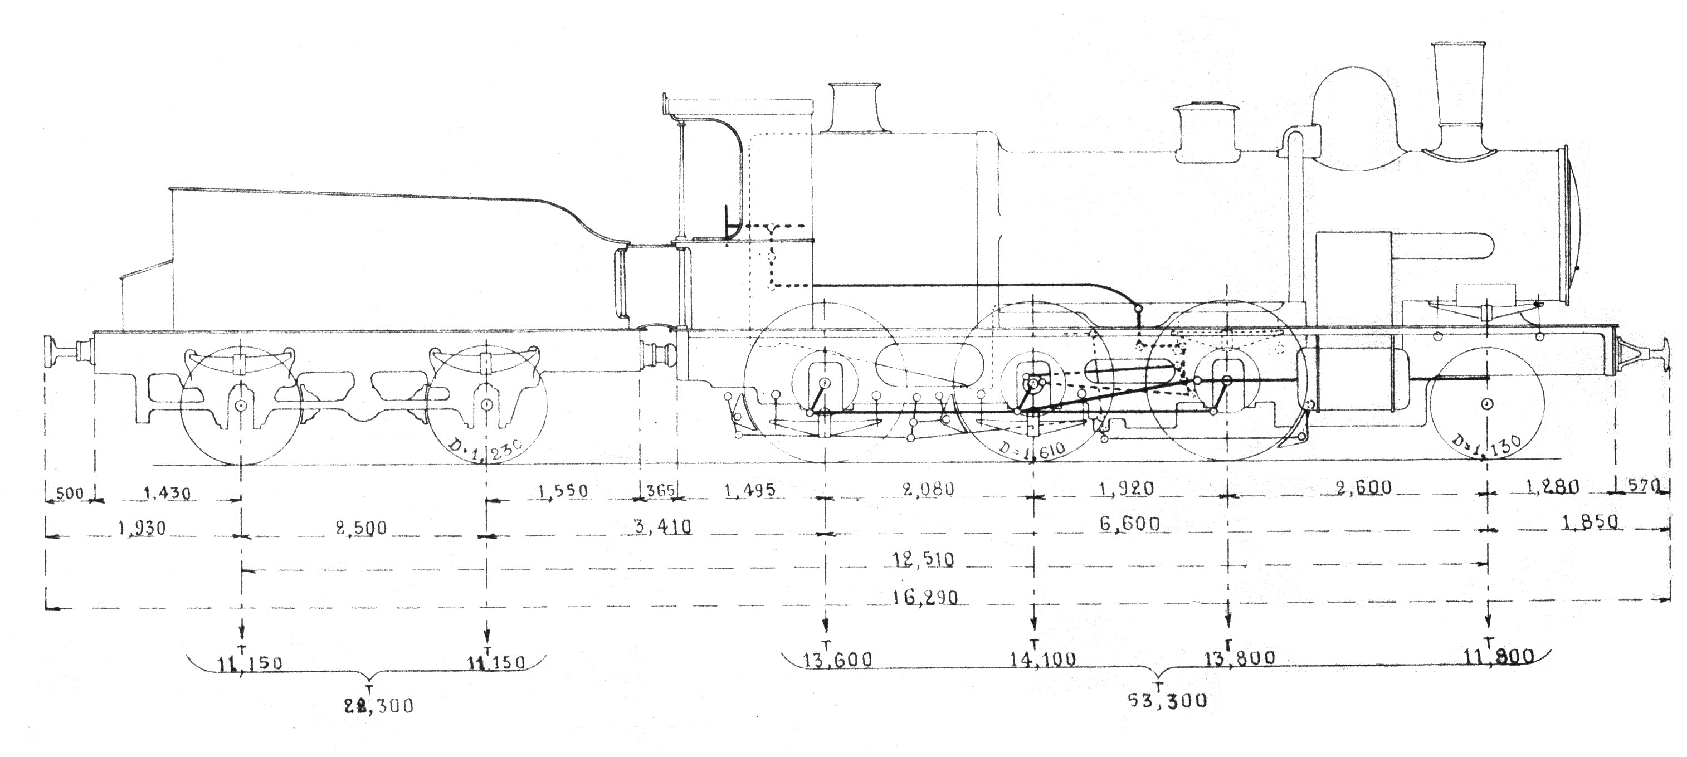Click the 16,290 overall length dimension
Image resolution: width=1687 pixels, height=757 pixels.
click(x=925, y=597)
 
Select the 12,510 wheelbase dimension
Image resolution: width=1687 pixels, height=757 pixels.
click(x=923, y=559)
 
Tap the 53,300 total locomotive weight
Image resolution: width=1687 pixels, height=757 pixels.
click(x=1167, y=700)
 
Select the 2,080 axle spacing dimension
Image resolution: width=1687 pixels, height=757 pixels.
click(x=927, y=489)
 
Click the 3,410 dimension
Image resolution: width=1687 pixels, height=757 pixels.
click(x=663, y=526)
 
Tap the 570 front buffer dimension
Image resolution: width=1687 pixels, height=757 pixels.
click(x=1642, y=486)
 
